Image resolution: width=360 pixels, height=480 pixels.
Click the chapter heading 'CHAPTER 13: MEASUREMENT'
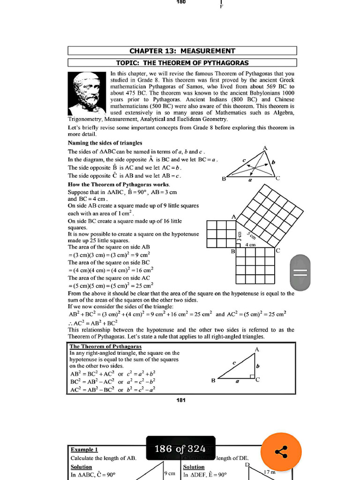point(182,51)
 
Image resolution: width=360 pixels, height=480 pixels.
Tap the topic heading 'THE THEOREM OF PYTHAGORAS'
point(182,62)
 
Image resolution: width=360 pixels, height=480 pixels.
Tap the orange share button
point(281,452)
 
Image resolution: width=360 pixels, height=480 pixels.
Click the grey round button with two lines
point(300,272)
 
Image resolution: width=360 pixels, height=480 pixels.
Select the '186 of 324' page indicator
point(180,449)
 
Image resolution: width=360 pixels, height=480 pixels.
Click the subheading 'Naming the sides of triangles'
point(105,142)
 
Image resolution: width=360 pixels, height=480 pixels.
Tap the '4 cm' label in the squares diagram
point(250,245)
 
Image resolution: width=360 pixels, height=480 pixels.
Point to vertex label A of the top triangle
point(265,148)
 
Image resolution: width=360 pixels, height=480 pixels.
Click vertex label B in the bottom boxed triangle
point(213,380)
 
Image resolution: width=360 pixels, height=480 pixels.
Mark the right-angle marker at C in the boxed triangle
point(252,376)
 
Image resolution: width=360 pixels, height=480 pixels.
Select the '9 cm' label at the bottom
point(169,473)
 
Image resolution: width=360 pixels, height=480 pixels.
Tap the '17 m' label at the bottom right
point(270,472)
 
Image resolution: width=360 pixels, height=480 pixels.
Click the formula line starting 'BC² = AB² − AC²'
point(112,382)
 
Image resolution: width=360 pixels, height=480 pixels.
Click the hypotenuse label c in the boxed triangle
point(233,363)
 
